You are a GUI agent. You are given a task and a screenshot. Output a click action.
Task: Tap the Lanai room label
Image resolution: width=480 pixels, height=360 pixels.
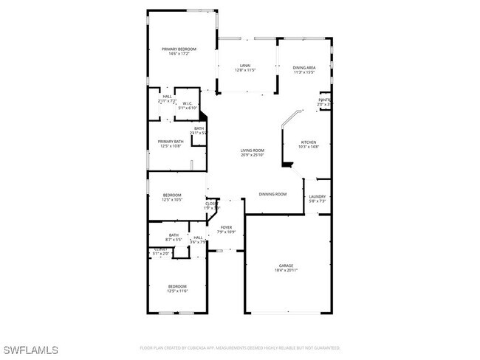pyautogui.click(x=245, y=66)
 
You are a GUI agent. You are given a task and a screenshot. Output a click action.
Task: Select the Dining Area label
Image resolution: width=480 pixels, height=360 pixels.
pyautogui.click(x=304, y=66)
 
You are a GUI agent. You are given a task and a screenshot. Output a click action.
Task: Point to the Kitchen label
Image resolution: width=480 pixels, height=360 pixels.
pyautogui.click(x=308, y=142)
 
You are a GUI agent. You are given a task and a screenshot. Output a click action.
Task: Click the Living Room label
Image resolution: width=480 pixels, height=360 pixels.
pyautogui.click(x=252, y=150)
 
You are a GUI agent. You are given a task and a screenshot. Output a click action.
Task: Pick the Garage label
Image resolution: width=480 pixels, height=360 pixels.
pyautogui.click(x=286, y=266)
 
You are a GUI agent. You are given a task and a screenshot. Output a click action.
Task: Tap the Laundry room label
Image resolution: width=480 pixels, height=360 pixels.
pyautogui.click(x=318, y=196)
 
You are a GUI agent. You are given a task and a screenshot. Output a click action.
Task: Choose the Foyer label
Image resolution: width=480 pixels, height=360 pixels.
pyautogui.click(x=226, y=227)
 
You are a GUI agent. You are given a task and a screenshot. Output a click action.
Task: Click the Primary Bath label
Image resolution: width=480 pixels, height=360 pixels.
pyautogui.click(x=171, y=142)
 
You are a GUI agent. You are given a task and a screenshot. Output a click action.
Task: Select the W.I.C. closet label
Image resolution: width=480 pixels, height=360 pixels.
pyautogui.click(x=188, y=104)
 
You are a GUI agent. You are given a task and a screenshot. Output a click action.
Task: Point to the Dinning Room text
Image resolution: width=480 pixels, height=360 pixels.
pyautogui.click(x=272, y=194)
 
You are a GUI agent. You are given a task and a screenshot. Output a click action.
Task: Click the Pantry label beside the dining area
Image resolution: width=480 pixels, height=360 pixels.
pyautogui.click(x=323, y=100)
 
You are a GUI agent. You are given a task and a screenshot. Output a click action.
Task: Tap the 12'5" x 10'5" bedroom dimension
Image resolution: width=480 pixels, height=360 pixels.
pyautogui.click(x=172, y=200)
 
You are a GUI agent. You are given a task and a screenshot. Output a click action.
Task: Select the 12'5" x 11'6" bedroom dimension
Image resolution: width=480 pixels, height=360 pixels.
pyautogui.click(x=176, y=291)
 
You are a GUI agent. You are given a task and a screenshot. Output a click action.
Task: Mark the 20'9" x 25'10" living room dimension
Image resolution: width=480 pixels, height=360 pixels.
pyautogui.click(x=252, y=155)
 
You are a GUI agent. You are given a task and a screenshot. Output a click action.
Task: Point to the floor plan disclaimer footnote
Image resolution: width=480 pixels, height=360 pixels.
pyautogui.click(x=239, y=347)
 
